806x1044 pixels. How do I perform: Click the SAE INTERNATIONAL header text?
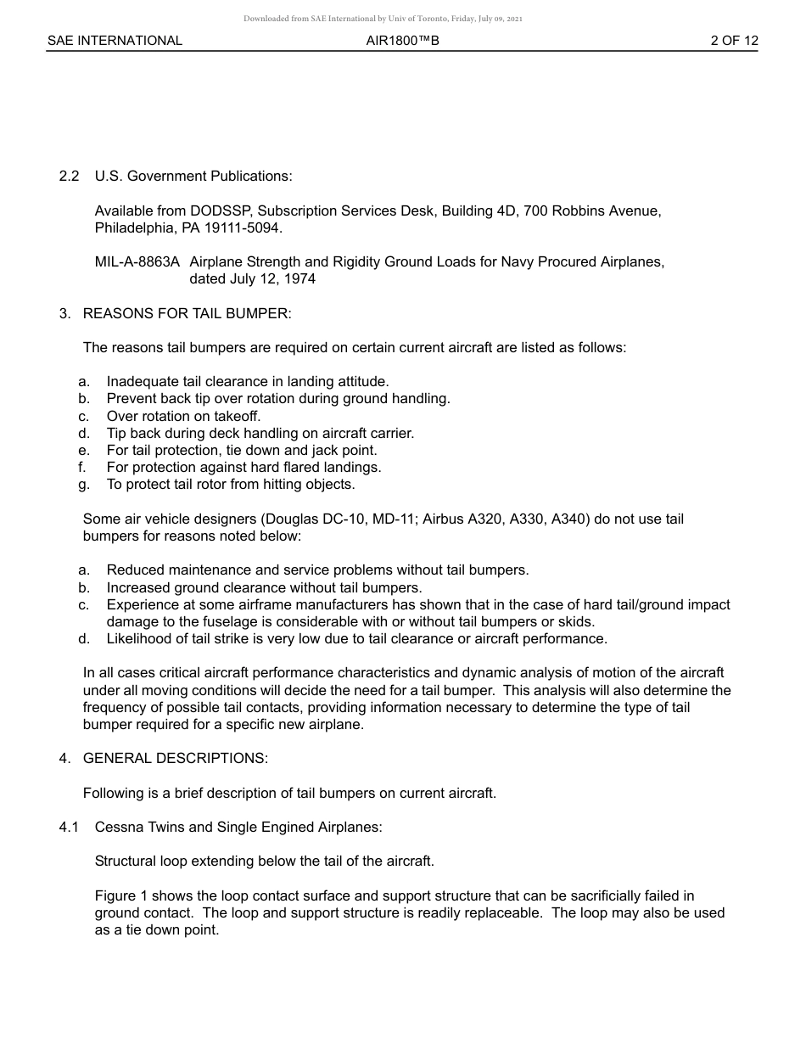click(x=115, y=41)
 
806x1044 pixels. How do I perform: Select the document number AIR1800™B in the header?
click(x=402, y=41)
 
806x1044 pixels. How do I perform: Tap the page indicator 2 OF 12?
click(x=734, y=41)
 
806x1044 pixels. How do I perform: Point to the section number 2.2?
click(x=70, y=177)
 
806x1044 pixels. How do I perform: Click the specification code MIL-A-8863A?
click(x=137, y=262)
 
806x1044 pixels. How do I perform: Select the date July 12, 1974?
click(x=271, y=279)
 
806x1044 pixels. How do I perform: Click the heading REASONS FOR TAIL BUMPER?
click(x=187, y=314)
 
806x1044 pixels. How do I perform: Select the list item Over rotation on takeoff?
click(x=183, y=417)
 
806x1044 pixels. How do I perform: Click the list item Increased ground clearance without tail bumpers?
click(x=264, y=587)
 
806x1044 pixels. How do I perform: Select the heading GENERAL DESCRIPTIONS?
click(x=175, y=759)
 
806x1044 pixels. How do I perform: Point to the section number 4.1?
click(x=70, y=828)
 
